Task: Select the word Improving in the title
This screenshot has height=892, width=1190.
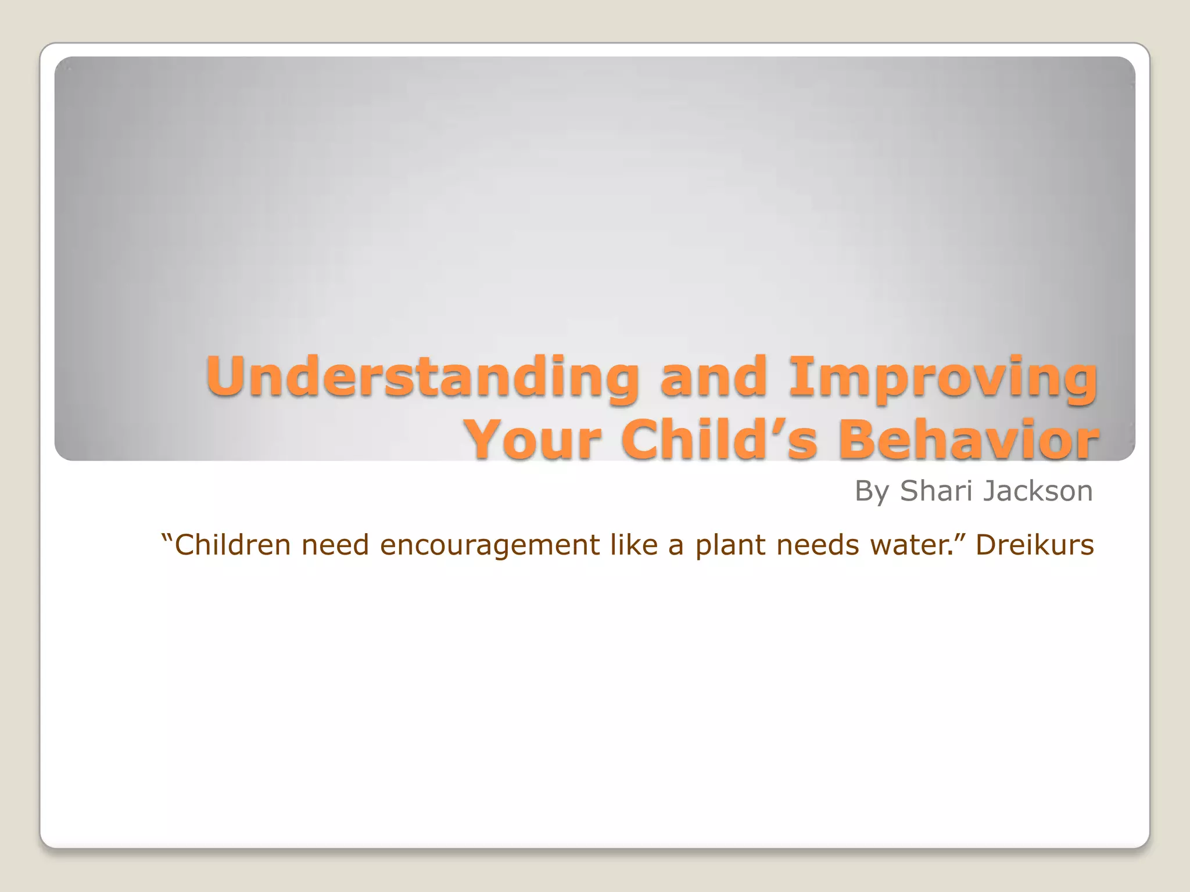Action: pyautogui.click(x=942, y=377)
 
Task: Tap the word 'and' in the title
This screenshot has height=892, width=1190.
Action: pyautogui.click(x=714, y=377)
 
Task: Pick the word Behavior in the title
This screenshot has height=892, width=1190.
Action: pyautogui.click(x=968, y=440)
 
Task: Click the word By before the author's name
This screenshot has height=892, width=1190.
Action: pyautogui.click(x=872, y=491)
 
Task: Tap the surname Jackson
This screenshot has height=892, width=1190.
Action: pyautogui.click(x=1037, y=491)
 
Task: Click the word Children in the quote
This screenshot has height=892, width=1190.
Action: pyautogui.click(x=232, y=545)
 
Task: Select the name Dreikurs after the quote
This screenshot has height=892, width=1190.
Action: pyautogui.click(x=1034, y=545)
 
